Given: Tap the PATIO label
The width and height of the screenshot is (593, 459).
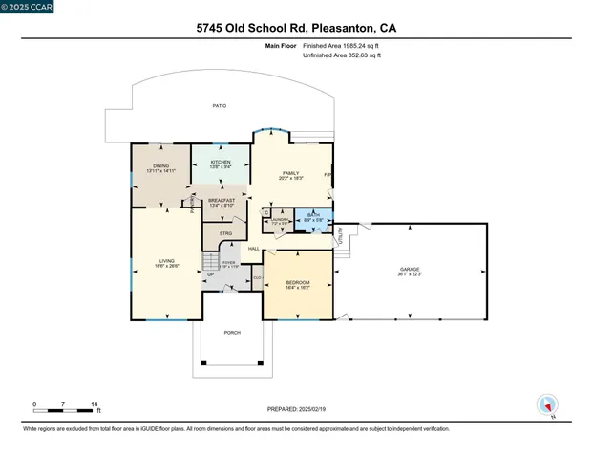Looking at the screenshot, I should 219,106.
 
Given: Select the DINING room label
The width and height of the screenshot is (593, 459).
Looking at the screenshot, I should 160,166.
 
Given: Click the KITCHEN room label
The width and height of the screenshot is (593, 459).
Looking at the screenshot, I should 221,162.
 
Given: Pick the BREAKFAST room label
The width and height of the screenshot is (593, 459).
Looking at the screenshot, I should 222,200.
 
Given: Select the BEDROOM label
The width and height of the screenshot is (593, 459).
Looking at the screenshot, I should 298,282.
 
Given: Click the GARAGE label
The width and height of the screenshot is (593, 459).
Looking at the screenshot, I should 410,270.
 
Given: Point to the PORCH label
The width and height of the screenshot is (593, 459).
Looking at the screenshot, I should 232,332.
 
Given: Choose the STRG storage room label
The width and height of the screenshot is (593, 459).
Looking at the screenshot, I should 225,233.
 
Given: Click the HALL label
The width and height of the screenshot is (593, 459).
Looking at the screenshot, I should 254,249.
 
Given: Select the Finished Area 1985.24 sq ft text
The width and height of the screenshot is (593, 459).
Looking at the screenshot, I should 342,46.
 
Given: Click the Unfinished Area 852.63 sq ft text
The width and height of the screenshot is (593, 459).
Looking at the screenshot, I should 342,55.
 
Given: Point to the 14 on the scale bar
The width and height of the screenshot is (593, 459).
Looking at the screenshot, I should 94,404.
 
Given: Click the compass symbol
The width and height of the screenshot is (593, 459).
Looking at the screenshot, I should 548,404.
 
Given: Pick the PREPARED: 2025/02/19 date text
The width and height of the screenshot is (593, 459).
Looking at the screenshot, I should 296,408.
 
